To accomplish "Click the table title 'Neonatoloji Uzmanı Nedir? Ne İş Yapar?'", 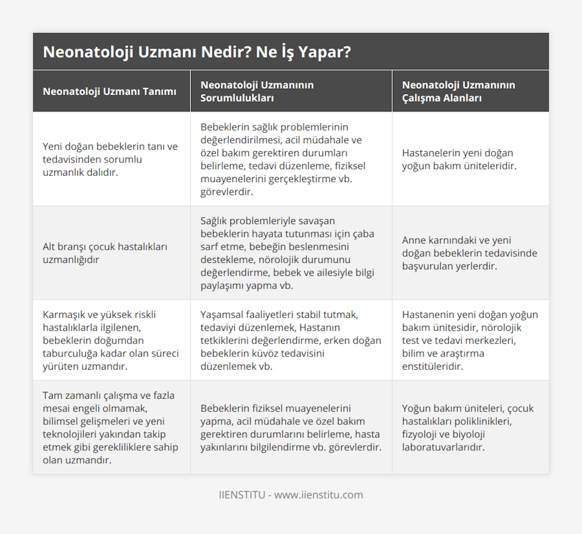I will pos(196,52).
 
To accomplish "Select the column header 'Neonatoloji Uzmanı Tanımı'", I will pos(110,92).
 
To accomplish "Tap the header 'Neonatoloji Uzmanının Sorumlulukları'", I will pos(257,91).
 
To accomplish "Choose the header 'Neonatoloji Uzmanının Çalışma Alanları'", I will pos(458,91).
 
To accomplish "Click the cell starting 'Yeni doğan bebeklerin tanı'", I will pos(111,159).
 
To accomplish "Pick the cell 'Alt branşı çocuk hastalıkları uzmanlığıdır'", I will pos(105,253).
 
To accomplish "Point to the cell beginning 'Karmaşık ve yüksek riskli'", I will pos(111,340).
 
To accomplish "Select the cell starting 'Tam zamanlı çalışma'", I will pos(111,427).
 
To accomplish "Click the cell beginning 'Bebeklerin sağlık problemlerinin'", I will pos(283,159).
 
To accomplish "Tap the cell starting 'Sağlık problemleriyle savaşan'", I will pos(287,253).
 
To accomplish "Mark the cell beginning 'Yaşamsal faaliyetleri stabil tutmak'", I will pos(291,340).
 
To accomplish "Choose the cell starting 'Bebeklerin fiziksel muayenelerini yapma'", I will pos(291,427).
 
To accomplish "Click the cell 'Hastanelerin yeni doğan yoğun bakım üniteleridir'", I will pos(459,159).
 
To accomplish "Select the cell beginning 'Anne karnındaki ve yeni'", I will pos(469,253).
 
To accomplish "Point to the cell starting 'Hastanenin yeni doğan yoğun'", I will pos(469,340).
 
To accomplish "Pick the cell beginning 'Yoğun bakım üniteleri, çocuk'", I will pos(468,427).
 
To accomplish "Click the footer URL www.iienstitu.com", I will pos(319,495).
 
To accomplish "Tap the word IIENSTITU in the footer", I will pos(242,495).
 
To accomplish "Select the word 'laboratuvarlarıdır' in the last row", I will pos(443,447).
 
